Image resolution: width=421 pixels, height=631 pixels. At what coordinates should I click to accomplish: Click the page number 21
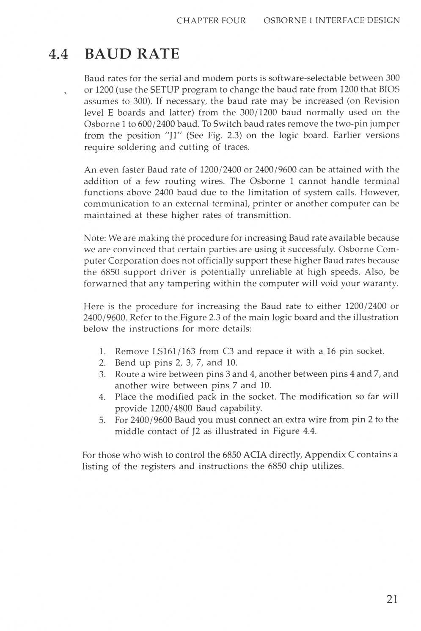point(392,599)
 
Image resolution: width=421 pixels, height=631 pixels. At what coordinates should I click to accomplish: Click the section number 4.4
point(58,55)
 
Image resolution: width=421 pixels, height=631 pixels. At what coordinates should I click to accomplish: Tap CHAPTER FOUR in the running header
point(211,20)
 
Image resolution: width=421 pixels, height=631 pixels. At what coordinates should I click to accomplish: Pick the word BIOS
point(389,89)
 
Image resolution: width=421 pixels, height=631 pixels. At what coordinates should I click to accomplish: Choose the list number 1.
point(102,351)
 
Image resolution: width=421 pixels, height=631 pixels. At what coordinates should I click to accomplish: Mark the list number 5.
point(102,420)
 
